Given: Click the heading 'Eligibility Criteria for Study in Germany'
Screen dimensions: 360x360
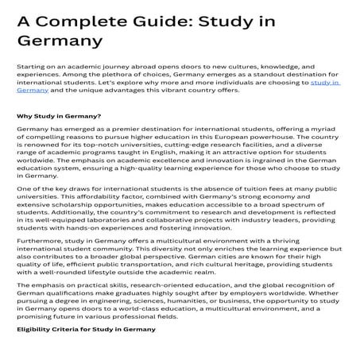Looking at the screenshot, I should [x=87, y=350].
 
